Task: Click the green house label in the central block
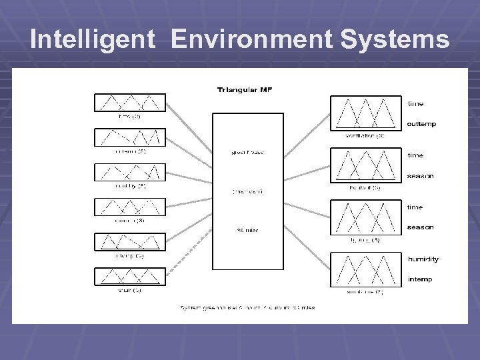pyautogui.click(x=247, y=152)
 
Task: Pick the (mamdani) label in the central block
pyautogui.click(x=247, y=191)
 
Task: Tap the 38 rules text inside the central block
pyautogui.click(x=247, y=231)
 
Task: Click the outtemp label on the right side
pyautogui.click(x=421, y=124)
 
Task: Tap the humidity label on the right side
pyautogui.click(x=423, y=259)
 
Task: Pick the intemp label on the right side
pyautogui.click(x=420, y=279)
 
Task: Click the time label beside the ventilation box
pyautogui.click(x=415, y=104)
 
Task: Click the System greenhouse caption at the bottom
pyautogui.click(x=247, y=307)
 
